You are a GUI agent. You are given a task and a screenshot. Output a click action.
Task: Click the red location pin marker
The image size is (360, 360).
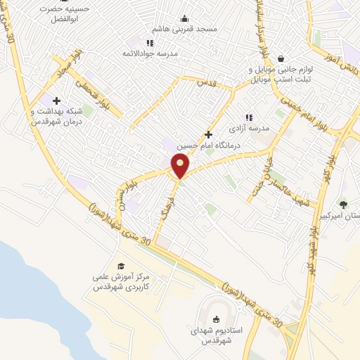[181, 167]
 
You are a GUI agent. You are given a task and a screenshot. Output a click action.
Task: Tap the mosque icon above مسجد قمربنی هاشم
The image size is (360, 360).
[184, 18]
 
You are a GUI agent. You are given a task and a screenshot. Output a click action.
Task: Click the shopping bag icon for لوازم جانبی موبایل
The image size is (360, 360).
[281, 59]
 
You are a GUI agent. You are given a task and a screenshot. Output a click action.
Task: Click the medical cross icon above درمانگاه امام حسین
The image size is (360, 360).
[207, 134]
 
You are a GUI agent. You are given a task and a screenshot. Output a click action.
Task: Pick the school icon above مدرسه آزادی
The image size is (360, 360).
[248, 117]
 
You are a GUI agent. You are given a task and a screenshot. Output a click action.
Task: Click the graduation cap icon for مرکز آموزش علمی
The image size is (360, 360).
[121, 266]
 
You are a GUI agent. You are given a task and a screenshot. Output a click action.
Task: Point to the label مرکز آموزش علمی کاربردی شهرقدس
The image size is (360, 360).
[120, 282]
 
